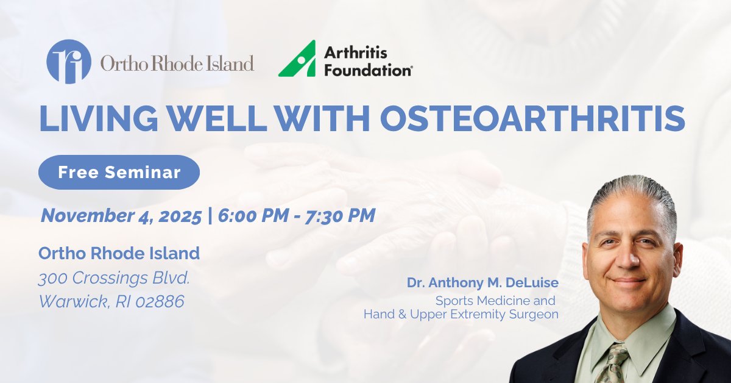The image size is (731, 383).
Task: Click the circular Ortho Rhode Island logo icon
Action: pos(68,62)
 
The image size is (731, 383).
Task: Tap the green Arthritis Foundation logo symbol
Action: pos(297,59)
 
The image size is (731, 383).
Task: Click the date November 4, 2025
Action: pos(121,215)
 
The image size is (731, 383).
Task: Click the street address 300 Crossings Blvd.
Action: pos(115,279)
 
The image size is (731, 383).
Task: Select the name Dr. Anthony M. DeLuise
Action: pos(483,284)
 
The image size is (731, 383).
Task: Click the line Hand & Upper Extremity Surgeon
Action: pos(461,315)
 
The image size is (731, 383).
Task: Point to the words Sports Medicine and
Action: pos(494,301)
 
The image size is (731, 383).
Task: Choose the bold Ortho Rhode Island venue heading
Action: pos(119,252)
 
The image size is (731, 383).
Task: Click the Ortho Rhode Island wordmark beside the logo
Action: pos(177,63)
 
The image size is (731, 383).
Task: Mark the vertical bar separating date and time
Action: pos(210,215)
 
